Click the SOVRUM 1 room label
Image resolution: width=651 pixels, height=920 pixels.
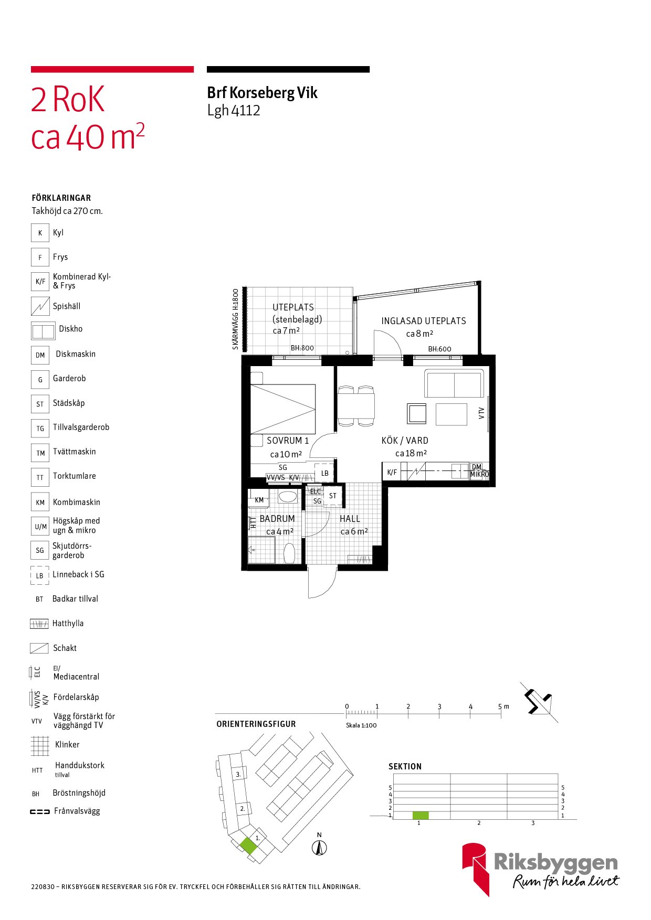point(288,441)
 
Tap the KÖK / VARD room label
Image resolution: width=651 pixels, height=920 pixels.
point(405,441)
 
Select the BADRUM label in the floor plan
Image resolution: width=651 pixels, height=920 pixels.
point(277,519)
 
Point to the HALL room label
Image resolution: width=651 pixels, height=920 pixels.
point(350,519)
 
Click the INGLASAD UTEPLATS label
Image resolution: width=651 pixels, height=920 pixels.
point(424,321)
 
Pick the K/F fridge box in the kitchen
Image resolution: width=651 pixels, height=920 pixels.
point(392,472)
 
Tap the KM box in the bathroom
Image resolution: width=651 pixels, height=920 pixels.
point(259,499)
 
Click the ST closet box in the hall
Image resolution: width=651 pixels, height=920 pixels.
point(333,496)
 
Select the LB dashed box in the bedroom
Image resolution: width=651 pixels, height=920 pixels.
point(324,473)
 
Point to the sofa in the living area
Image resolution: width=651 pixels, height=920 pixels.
point(454,383)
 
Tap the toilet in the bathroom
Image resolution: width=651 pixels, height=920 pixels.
point(289,553)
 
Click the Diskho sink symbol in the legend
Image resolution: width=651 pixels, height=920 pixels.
point(43,331)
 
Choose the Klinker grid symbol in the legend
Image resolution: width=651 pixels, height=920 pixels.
point(40,745)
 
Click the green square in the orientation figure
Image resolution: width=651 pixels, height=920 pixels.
point(249,846)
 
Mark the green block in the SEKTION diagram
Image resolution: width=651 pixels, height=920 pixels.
point(421,815)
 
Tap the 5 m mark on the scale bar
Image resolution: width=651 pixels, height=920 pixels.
point(501,712)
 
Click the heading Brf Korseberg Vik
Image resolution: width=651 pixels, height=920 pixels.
point(262,93)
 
